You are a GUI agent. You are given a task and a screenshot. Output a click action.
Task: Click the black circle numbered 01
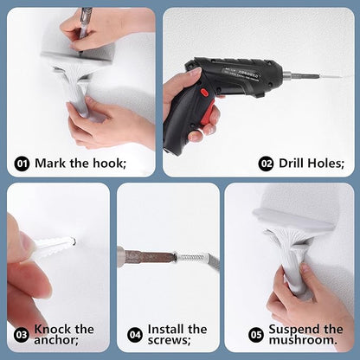point(22,164)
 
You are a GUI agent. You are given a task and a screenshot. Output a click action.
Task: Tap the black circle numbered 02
point(266,164)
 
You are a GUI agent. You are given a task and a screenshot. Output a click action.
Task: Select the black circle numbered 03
point(22,335)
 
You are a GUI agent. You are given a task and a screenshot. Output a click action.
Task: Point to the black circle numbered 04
point(135,335)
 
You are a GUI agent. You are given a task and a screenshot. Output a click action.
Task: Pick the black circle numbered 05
point(256,335)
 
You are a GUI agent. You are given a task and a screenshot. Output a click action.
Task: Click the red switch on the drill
point(205,93)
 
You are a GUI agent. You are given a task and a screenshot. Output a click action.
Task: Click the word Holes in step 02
point(326,164)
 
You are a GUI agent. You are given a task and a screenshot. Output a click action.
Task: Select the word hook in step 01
point(109,164)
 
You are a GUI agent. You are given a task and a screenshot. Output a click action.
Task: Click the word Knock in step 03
point(52,329)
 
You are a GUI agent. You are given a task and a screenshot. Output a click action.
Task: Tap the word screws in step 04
point(169,340)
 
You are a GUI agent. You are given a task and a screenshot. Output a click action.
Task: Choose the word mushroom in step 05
point(303,340)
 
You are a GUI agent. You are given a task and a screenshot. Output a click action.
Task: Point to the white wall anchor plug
point(55,245)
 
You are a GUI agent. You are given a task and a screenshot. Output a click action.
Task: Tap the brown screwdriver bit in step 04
point(148,256)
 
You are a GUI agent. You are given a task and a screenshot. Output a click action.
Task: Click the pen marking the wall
point(85,28)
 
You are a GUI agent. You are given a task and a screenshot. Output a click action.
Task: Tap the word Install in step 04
point(165,329)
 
